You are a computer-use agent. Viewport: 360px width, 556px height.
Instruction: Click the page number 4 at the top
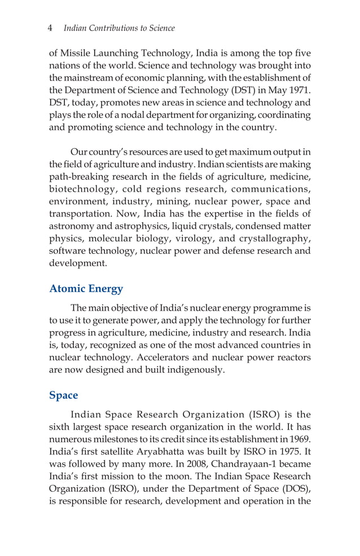51,28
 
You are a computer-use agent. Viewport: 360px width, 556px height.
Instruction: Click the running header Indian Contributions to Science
120,28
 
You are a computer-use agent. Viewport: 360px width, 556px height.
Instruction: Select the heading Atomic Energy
86,289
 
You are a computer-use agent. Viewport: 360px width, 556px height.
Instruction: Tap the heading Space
63,395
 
